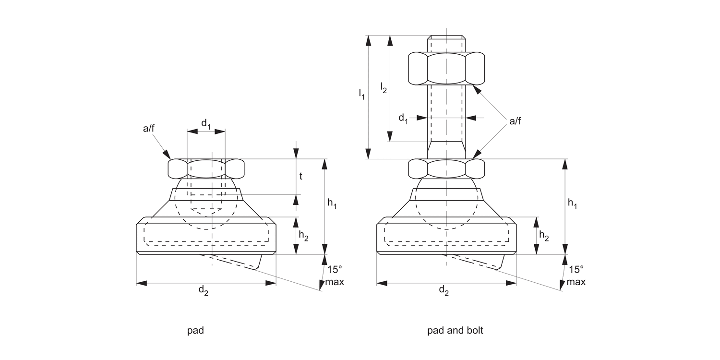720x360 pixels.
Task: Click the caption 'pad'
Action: (195, 331)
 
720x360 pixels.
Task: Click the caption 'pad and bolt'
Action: (455, 331)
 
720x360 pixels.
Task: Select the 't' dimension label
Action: (301, 176)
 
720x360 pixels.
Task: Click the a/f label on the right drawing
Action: (515, 121)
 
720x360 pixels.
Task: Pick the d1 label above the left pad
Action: (206, 124)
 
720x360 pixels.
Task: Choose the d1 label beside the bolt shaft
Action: (403, 118)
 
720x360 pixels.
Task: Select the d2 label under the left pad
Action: (204, 290)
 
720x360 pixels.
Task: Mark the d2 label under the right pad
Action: (444, 290)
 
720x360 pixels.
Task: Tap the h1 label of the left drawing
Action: (332, 204)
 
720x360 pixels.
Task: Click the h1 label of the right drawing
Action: (572, 204)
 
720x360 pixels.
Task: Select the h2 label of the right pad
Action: (544, 235)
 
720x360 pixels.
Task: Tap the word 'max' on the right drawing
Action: (576, 282)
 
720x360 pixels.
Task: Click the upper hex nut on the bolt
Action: (446, 69)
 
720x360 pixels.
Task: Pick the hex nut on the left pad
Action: (206, 168)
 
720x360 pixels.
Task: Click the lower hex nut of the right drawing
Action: (446, 168)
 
